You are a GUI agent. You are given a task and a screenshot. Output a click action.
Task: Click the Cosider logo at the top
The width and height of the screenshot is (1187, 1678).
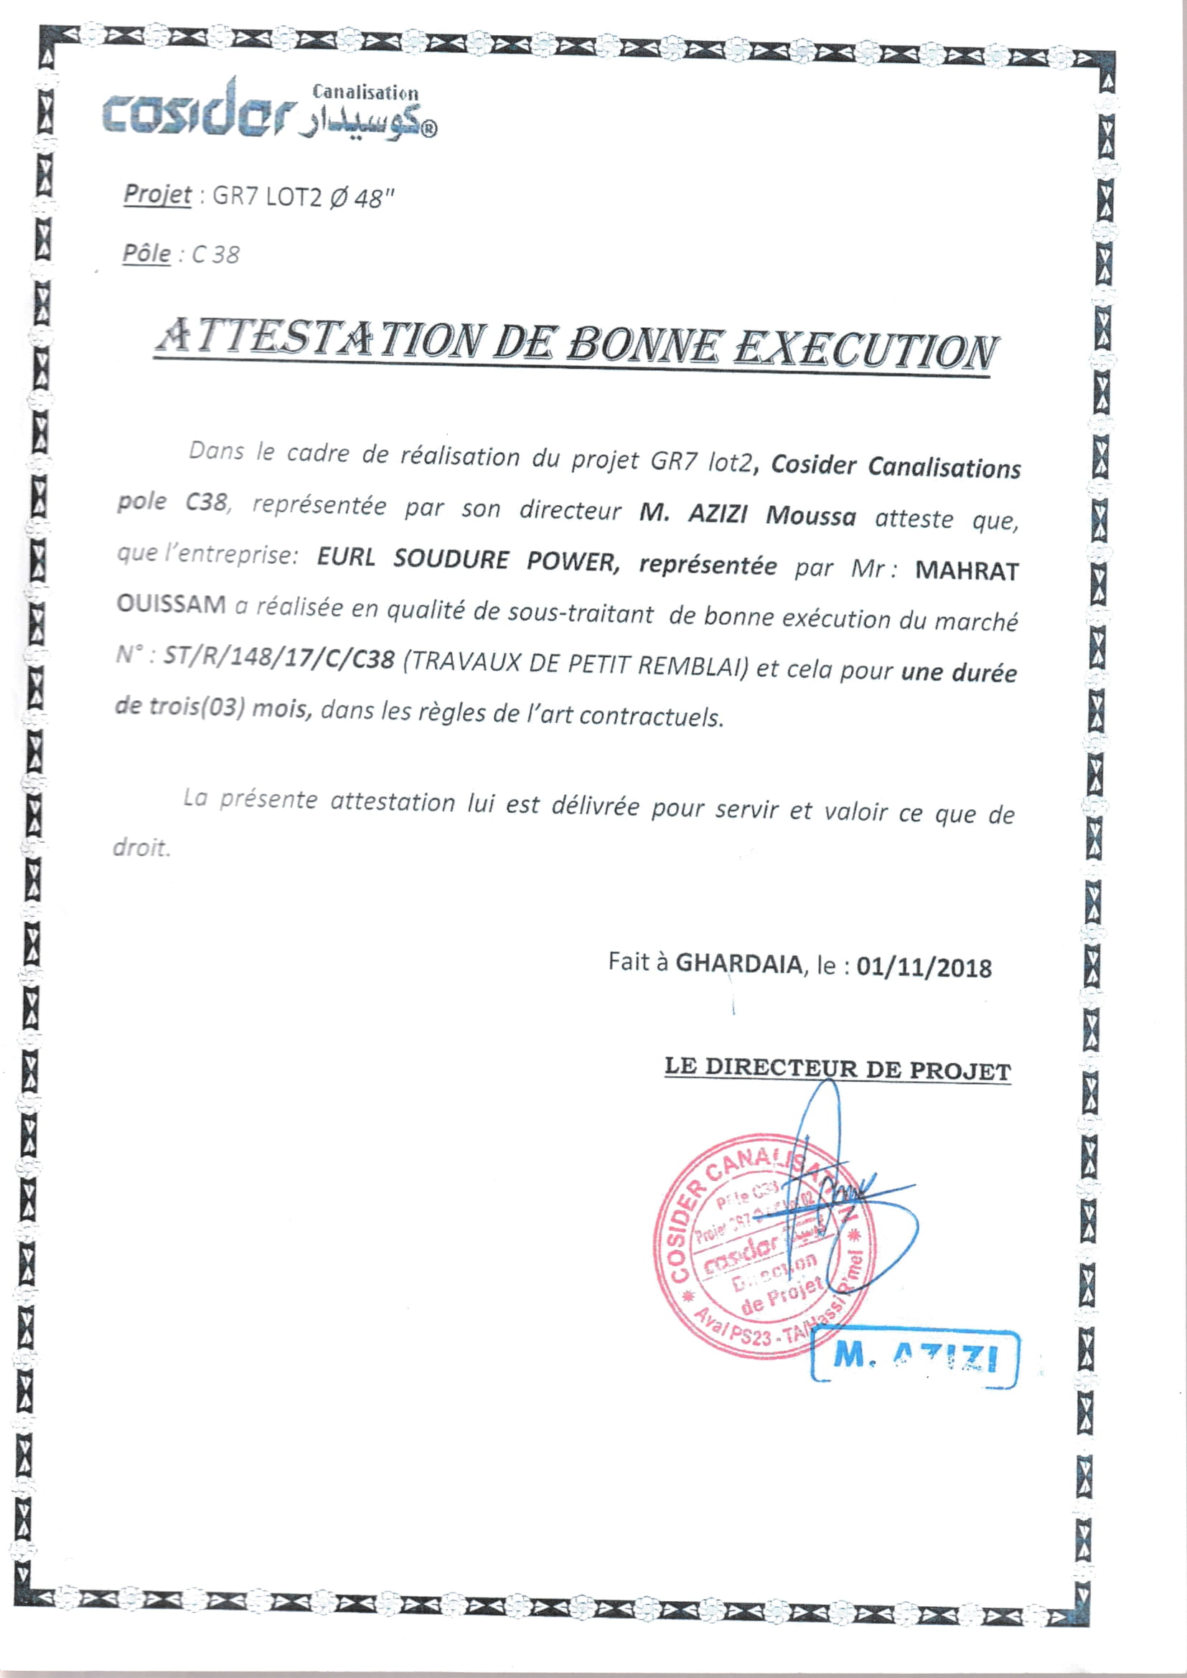tap(197, 113)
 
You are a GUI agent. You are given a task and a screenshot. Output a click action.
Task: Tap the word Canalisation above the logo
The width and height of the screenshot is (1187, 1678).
tap(365, 93)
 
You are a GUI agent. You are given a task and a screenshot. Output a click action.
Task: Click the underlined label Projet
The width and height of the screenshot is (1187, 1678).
tap(156, 194)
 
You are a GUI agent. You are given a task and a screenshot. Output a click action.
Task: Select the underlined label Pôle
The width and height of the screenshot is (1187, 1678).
tap(146, 253)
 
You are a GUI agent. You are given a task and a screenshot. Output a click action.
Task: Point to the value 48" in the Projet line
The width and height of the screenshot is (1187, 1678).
tap(373, 198)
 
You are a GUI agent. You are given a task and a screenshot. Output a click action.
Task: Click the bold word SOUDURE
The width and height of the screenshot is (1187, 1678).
tap(451, 559)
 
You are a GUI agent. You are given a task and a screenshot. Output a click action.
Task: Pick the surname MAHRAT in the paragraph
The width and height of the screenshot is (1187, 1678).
tap(966, 571)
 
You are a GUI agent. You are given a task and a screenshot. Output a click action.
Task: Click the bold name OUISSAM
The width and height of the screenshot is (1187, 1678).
tap(171, 604)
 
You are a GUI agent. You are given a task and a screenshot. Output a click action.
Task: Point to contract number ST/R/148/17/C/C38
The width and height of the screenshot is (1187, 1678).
tap(278, 658)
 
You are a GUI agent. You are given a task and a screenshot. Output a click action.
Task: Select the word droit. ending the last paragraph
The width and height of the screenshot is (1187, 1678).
tap(141, 848)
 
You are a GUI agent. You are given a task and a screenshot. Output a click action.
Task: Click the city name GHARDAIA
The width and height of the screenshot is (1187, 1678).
tap(738, 963)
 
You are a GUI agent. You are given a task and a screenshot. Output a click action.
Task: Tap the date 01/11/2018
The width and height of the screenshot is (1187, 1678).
tap(924, 968)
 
